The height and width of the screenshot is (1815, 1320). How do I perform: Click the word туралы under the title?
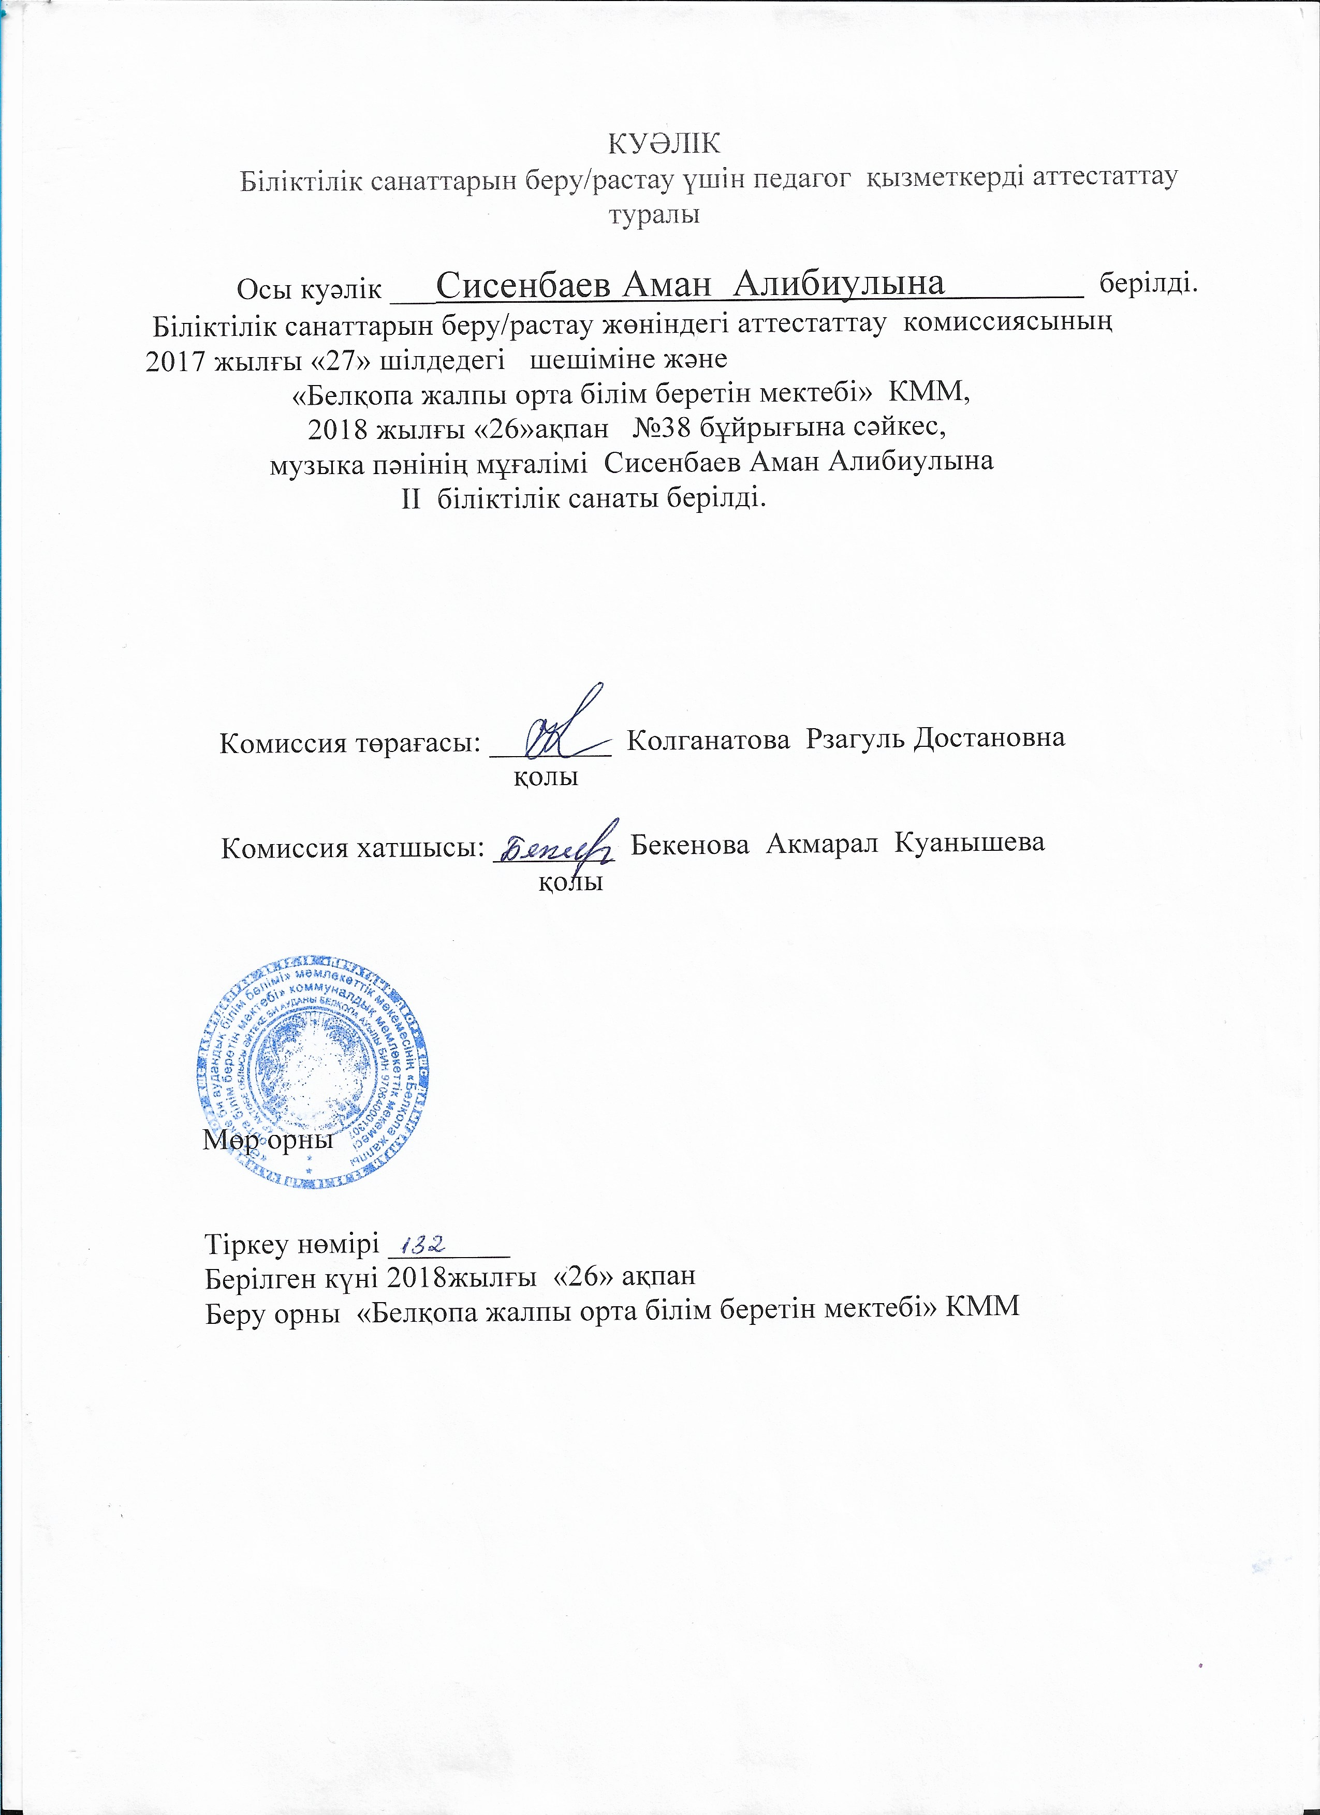655,214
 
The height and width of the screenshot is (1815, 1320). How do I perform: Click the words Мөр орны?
267,1140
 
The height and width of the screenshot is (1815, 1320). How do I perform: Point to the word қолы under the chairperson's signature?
546,777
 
